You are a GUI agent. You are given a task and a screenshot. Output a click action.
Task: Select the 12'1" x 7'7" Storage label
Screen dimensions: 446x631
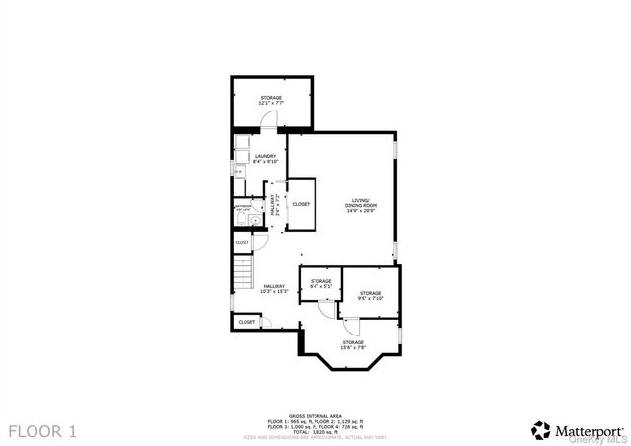click(x=271, y=100)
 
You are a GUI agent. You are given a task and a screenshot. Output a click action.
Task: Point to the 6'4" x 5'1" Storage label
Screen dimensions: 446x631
click(x=321, y=283)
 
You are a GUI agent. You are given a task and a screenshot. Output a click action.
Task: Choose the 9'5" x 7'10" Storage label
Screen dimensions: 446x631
click(x=370, y=295)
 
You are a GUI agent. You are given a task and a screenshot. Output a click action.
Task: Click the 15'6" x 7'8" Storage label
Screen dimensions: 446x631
click(x=353, y=344)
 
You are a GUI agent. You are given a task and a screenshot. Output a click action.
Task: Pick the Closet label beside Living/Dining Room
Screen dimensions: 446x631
click(x=301, y=204)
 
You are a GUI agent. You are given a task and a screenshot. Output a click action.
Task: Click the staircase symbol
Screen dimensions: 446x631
click(x=244, y=269)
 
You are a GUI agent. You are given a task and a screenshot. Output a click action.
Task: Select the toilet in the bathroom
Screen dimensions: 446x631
click(x=254, y=220)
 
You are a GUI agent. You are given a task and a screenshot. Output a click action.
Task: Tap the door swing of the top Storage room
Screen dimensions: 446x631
click(x=269, y=119)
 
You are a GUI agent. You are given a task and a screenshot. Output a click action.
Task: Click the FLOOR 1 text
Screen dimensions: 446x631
click(x=42, y=431)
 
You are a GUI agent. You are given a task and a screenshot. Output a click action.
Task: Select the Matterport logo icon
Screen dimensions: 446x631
click(x=540, y=430)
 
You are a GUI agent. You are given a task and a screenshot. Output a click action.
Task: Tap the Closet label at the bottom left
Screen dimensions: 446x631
click(x=246, y=321)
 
